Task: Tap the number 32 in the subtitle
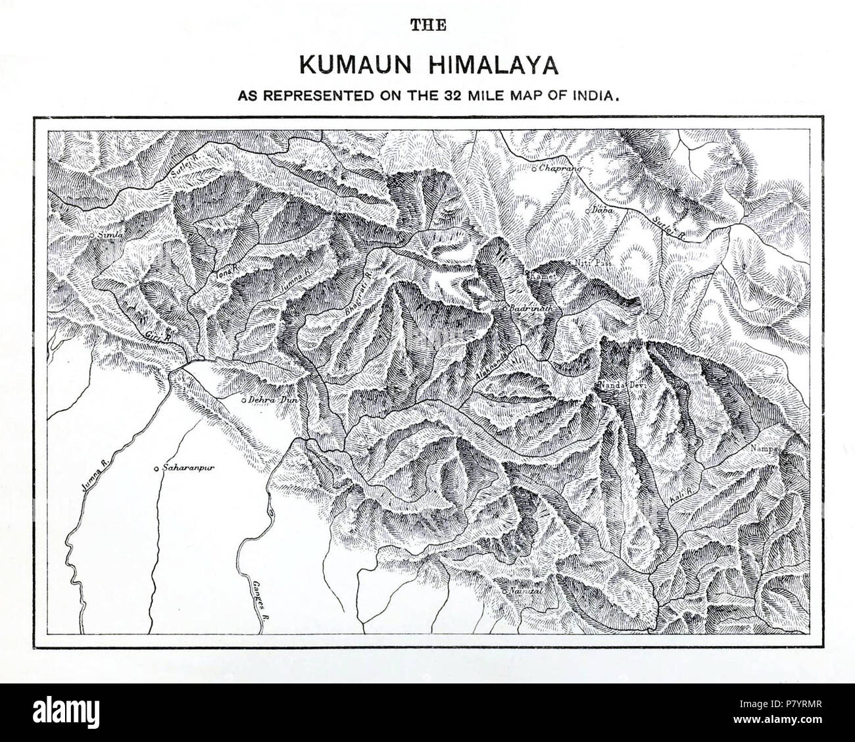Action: (438, 95)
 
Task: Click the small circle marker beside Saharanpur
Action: (156, 469)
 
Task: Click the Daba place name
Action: (598, 210)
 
